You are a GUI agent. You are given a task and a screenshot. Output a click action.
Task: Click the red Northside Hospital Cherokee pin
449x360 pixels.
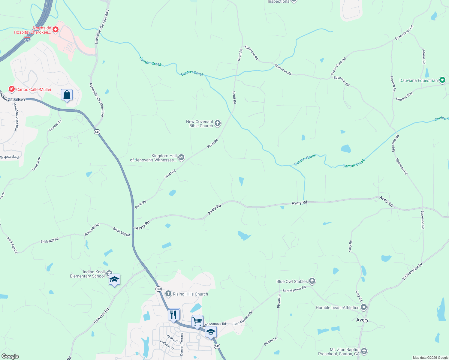click(55, 29)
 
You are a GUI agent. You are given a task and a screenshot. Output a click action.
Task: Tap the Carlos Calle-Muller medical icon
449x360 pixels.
click(12, 89)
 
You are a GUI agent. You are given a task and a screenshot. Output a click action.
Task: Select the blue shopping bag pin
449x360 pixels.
click(67, 95)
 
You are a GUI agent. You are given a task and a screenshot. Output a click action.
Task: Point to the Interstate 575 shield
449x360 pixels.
click(27, 39)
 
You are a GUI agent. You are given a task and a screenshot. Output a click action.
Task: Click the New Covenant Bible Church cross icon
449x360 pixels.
click(218, 123)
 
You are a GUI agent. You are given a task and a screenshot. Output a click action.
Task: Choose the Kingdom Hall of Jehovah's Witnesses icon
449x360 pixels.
click(181, 157)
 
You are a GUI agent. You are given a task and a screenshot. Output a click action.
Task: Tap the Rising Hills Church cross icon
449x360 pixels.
click(168, 294)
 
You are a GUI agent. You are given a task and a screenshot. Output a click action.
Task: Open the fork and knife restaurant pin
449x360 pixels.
click(173, 315)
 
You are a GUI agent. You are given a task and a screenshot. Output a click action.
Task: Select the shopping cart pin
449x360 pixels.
click(197, 321)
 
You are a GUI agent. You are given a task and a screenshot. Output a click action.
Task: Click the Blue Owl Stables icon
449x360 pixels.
click(312, 281)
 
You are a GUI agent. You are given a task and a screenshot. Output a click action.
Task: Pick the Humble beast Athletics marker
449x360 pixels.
click(364, 307)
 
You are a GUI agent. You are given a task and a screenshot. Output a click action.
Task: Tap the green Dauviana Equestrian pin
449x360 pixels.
click(442, 80)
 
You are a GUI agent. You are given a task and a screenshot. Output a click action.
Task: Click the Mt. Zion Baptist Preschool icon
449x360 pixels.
click(364, 351)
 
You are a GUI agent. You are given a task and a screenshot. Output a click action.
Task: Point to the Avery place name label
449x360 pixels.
click(362, 320)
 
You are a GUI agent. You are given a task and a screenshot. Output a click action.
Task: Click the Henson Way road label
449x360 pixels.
click(404, 97)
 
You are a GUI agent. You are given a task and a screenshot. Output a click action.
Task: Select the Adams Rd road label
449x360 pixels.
click(424, 57)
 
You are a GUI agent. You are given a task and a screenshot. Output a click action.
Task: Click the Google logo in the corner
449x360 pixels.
click(10, 356)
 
